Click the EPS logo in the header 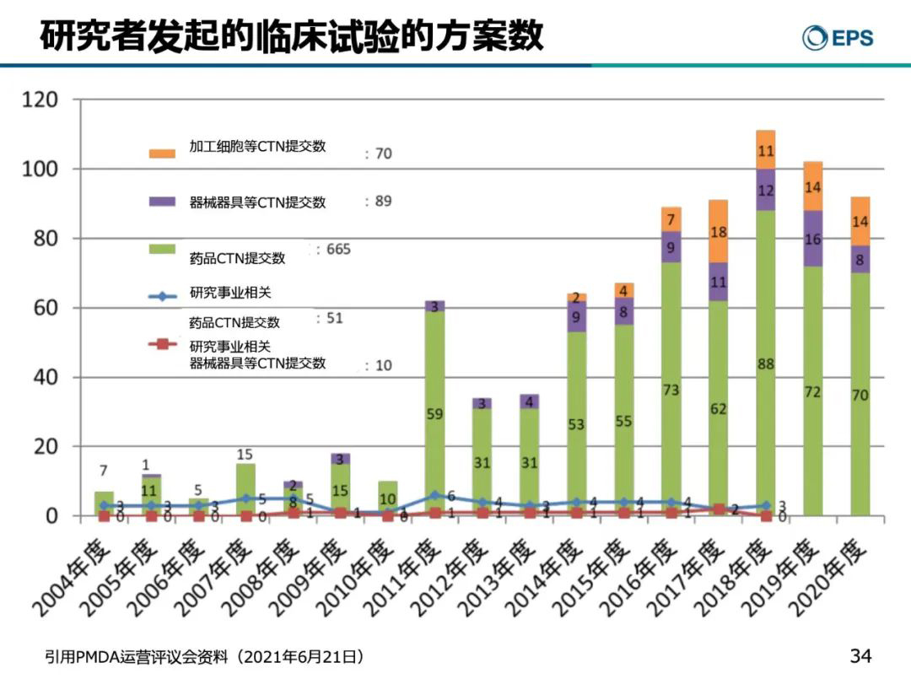[838, 38]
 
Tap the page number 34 [860, 655]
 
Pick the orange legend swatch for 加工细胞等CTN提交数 [162, 153]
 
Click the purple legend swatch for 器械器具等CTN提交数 [162, 202]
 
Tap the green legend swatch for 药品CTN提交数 [162, 249]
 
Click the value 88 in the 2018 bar [766, 364]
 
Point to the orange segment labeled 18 [719, 232]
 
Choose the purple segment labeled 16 [812, 239]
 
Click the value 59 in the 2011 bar [434, 414]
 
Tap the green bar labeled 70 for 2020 [860, 396]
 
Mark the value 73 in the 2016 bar [671, 390]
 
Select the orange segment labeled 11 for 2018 [766, 151]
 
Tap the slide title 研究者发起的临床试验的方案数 [292, 37]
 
